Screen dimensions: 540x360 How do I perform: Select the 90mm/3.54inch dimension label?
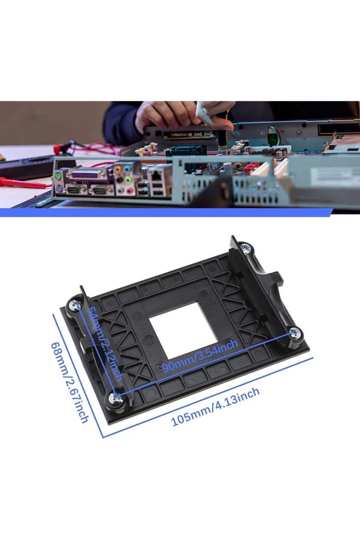(x=199, y=357)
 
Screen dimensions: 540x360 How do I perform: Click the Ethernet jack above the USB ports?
(x=156, y=176)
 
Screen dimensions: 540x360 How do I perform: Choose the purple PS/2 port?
(x=57, y=189)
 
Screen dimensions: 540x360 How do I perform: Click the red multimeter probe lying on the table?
(x=24, y=182)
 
